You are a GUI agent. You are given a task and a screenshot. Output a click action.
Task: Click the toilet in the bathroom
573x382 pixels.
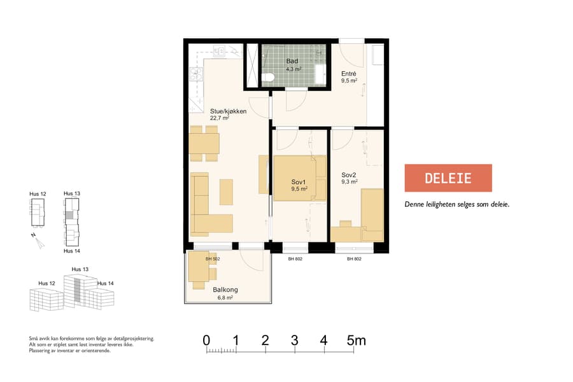coord(269,78)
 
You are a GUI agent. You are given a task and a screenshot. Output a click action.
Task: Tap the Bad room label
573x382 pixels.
coord(292,61)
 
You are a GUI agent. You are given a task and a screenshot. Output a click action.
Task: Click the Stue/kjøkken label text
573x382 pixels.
coord(228,111)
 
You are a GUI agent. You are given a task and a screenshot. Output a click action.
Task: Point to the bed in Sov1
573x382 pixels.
coord(299,178)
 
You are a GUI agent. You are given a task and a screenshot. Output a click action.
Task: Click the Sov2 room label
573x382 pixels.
coord(349,175)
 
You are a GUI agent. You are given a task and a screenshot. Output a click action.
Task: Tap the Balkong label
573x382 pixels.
coord(225,289)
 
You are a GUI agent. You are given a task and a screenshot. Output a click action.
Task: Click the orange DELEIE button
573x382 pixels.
coord(448,178)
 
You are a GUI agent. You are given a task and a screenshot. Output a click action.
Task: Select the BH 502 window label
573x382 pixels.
coord(213,259)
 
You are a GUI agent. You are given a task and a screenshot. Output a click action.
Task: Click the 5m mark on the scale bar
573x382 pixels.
coord(356,341)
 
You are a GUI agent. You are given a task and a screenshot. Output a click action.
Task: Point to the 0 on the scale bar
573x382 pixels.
coord(206,341)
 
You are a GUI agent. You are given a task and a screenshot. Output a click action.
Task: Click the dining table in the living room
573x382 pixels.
coord(204,143)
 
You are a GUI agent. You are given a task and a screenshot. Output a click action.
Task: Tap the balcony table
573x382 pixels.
coord(199,272)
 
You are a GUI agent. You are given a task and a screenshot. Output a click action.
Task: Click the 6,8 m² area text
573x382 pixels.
coord(225,297)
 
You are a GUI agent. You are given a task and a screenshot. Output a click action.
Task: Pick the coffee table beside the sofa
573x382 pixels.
coord(226,192)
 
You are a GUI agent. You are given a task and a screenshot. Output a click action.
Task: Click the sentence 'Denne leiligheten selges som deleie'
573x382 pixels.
coord(457,204)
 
